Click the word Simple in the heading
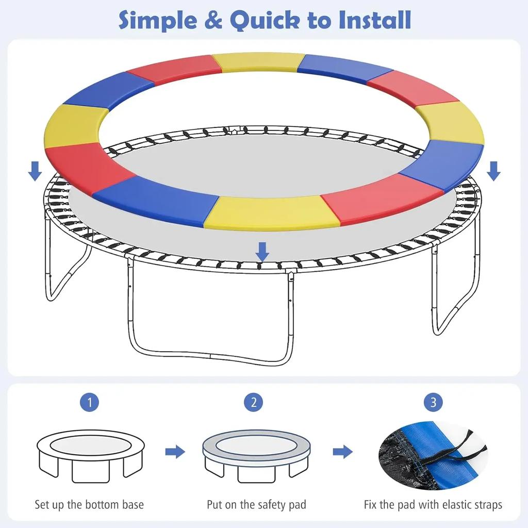tap(158, 20)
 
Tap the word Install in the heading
tap(375, 20)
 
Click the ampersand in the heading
tap(213, 20)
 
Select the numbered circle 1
tap(90, 402)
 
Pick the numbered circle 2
tap(254, 402)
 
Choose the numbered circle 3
tap(433, 402)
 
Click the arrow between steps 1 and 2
tap(175, 452)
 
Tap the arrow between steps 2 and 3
tap(343, 452)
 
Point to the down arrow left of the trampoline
tap(35, 171)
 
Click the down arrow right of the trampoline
tap(493, 171)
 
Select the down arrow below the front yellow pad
tap(262, 252)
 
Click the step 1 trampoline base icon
tap(91, 456)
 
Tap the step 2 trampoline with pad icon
tap(257, 456)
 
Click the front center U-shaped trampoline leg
tap(210, 357)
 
